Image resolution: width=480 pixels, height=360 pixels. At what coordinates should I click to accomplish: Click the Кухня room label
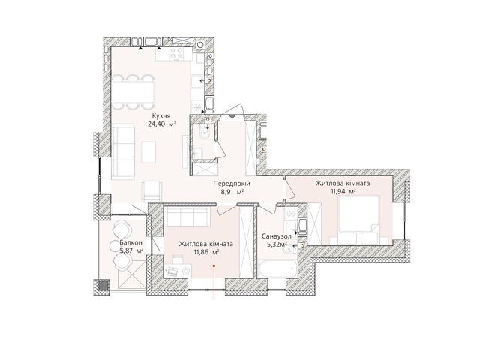coord(161,116)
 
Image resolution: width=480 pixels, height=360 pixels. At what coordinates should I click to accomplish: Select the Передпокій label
coord(232,184)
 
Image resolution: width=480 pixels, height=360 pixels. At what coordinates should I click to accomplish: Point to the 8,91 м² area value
coord(232,192)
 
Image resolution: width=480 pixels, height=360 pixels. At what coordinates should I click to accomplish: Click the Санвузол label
coord(277,236)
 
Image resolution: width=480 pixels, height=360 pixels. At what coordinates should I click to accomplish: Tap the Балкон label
coord(130,242)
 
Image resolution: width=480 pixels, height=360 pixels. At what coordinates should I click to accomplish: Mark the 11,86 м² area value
coord(206,252)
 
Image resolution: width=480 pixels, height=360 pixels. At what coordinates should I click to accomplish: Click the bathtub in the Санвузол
coord(277,268)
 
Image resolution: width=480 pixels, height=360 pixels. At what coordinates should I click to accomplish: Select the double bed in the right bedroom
coord(358,220)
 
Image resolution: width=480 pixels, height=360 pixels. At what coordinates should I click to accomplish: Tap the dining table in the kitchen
coord(133,91)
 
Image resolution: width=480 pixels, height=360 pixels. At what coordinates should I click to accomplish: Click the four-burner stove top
coord(177,53)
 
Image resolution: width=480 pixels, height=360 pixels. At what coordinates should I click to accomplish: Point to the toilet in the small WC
coord(203,133)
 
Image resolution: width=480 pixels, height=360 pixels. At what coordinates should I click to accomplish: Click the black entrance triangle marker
coord(233,116)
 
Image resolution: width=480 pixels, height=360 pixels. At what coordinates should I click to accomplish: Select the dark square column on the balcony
coord(103,285)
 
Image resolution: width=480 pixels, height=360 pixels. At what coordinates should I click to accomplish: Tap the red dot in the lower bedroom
coord(214,265)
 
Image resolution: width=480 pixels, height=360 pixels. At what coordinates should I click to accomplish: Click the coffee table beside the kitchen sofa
coord(148,152)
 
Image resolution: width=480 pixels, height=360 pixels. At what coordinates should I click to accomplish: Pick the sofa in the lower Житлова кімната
coord(187,217)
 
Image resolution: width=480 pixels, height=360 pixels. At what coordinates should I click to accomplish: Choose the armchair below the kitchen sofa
coord(151,191)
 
